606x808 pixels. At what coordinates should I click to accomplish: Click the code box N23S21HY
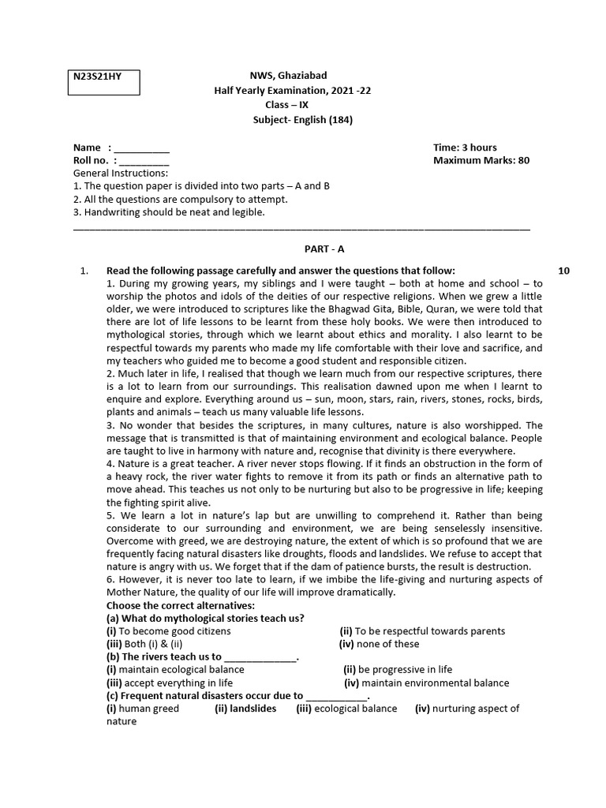[103, 82]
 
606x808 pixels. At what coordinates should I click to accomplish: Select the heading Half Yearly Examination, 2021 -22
[293, 91]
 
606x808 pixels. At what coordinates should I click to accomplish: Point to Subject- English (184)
[303, 120]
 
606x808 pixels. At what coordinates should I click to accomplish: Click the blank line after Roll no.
[143, 161]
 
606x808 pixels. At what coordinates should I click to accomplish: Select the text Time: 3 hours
[465, 148]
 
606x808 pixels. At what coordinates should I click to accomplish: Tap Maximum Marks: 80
[481, 160]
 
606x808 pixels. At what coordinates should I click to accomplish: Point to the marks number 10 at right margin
[563, 271]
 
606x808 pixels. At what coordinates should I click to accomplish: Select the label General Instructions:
[120, 173]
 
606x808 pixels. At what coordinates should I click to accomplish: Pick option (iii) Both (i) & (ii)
[144, 644]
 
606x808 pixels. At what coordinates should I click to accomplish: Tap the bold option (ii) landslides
[245, 709]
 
